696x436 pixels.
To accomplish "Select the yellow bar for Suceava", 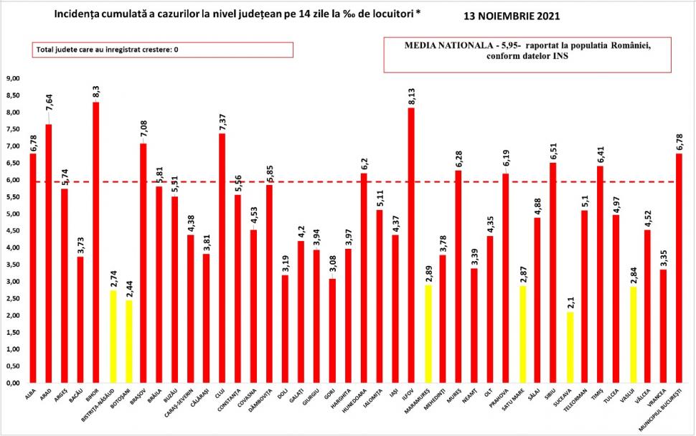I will tap(570, 348).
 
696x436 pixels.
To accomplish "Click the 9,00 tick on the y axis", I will tap(14, 79).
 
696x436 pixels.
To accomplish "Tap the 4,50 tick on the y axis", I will tap(14, 231).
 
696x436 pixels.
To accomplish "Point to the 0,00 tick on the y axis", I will tap(14, 383).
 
